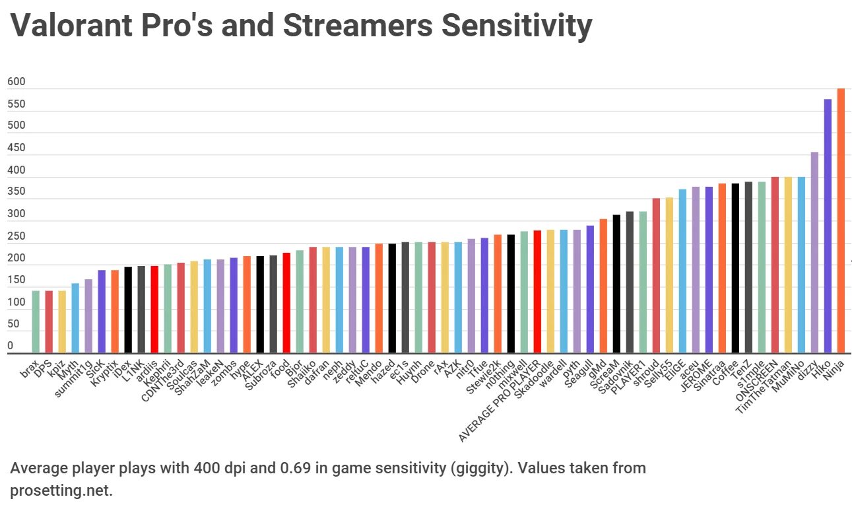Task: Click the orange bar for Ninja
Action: (x=840, y=221)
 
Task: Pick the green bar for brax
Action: (x=36, y=322)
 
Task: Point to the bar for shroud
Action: (x=656, y=276)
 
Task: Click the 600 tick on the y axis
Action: (x=16, y=82)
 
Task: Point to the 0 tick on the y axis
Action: (x=11, y=346)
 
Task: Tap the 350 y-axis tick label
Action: (x=16, y=192)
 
